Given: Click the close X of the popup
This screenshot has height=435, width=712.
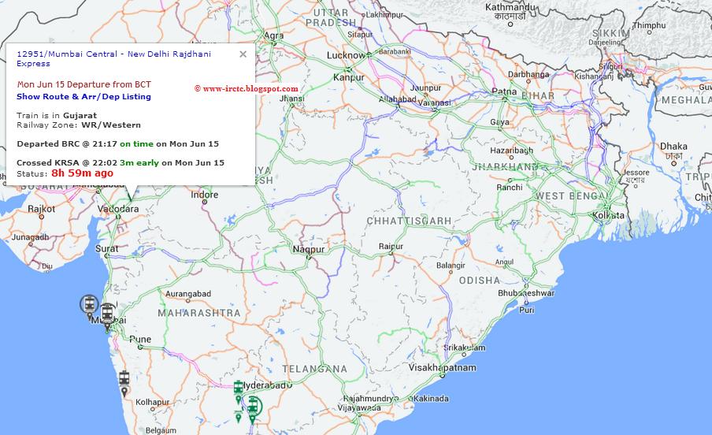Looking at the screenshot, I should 243,54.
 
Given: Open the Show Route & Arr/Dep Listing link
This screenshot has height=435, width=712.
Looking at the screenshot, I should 83,97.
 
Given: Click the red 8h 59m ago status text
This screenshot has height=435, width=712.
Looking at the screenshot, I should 82,173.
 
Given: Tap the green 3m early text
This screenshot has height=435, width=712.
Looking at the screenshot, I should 139,162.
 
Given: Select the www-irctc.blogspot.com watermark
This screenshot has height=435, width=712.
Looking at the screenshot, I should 246,88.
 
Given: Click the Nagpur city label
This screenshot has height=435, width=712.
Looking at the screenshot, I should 309,249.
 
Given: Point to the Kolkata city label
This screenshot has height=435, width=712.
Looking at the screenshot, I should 609,214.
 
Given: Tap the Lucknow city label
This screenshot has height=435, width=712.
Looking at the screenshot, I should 346,56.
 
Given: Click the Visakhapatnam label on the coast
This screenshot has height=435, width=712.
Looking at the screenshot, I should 443,367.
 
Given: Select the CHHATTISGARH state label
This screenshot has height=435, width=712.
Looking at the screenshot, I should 408,221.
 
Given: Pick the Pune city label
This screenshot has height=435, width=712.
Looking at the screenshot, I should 140,340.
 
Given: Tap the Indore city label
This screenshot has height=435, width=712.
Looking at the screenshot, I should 205,195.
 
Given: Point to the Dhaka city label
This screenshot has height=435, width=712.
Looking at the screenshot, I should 673,146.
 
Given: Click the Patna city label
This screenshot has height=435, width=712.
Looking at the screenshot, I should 504,91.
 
